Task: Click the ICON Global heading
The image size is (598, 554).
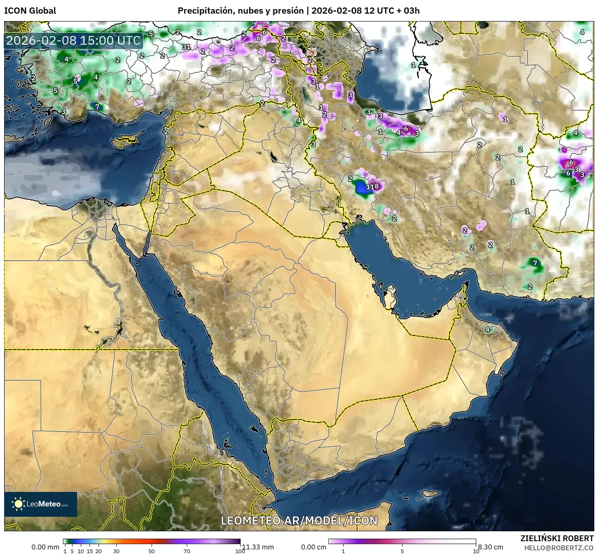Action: pyautogui.click(x=30, y=11)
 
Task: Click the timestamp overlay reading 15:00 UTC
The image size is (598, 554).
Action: pyautogui.click(x=73, y=41)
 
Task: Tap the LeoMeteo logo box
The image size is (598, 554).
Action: pyautogui.click(x=41, y=504)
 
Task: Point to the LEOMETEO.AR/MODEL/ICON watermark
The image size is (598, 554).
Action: pyautogui.click(x=299, y=520)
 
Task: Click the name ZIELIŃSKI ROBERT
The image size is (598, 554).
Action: pyautogui.click(x=557, y=538)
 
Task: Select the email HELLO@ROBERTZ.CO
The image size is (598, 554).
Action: pyautogui.click(x=559, y=547)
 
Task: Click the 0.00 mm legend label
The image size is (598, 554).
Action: pyautogui.click(x=45, y=547)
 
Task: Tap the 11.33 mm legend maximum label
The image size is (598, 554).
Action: pyautogui.click(x=258, y=547)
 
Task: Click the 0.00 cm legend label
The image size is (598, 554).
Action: pyautogui.click(x=313, y=547)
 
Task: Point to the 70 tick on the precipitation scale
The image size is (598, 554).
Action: pyautogui.click(x=187, y=551)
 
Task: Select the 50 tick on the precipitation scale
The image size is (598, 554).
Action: pyautogui.click(x=152, y=551)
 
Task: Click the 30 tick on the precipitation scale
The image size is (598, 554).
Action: pyautogui.click(x=116, y=551)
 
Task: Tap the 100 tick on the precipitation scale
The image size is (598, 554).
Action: pyautogui.click(x=240, y=551)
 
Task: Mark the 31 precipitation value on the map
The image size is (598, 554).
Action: pyautogui.click(x=186, y=47)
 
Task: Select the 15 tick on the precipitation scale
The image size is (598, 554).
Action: pyautogui.click(x=90, y=551)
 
